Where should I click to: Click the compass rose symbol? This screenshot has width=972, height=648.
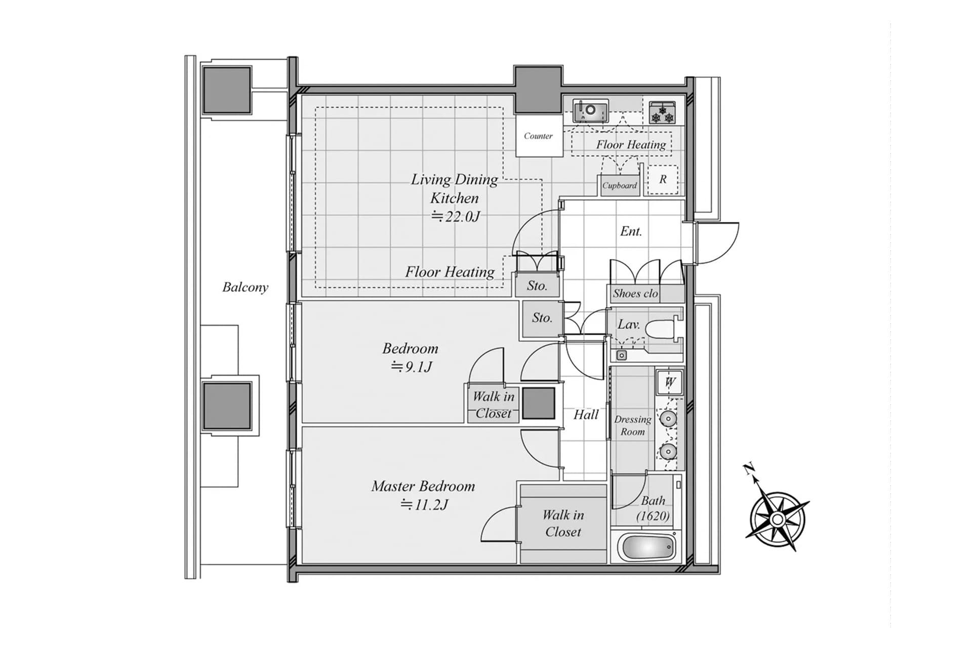click(x=777, y=519)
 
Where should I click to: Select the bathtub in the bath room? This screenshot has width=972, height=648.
click(x=647, y=548)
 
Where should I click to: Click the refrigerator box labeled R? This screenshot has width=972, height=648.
click(x=663, y=179)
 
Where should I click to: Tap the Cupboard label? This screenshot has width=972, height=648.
click(x=619, y=186)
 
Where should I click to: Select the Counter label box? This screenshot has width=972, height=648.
click(x=539, y=136)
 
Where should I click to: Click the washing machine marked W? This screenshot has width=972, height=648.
click(x=670, y=382)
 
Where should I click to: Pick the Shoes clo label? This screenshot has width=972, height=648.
click(x=635, y=294)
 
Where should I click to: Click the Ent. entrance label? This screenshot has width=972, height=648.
click(x=631, y=231)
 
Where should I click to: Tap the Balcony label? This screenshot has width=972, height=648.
click(x=245, y=287)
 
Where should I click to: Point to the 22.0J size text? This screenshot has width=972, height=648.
click(x=455, y=217)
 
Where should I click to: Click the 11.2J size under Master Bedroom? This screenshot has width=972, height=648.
click(x=424, y=504)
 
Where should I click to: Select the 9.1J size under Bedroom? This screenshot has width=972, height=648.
click(x=411, y=367)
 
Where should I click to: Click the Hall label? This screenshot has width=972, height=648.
click(x=586, y=415)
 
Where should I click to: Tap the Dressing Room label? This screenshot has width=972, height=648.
click(x=633, y=425)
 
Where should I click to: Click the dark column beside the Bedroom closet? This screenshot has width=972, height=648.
click(x=538, y=403)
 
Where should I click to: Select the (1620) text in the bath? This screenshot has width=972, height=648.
click(x=653, y=516)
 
